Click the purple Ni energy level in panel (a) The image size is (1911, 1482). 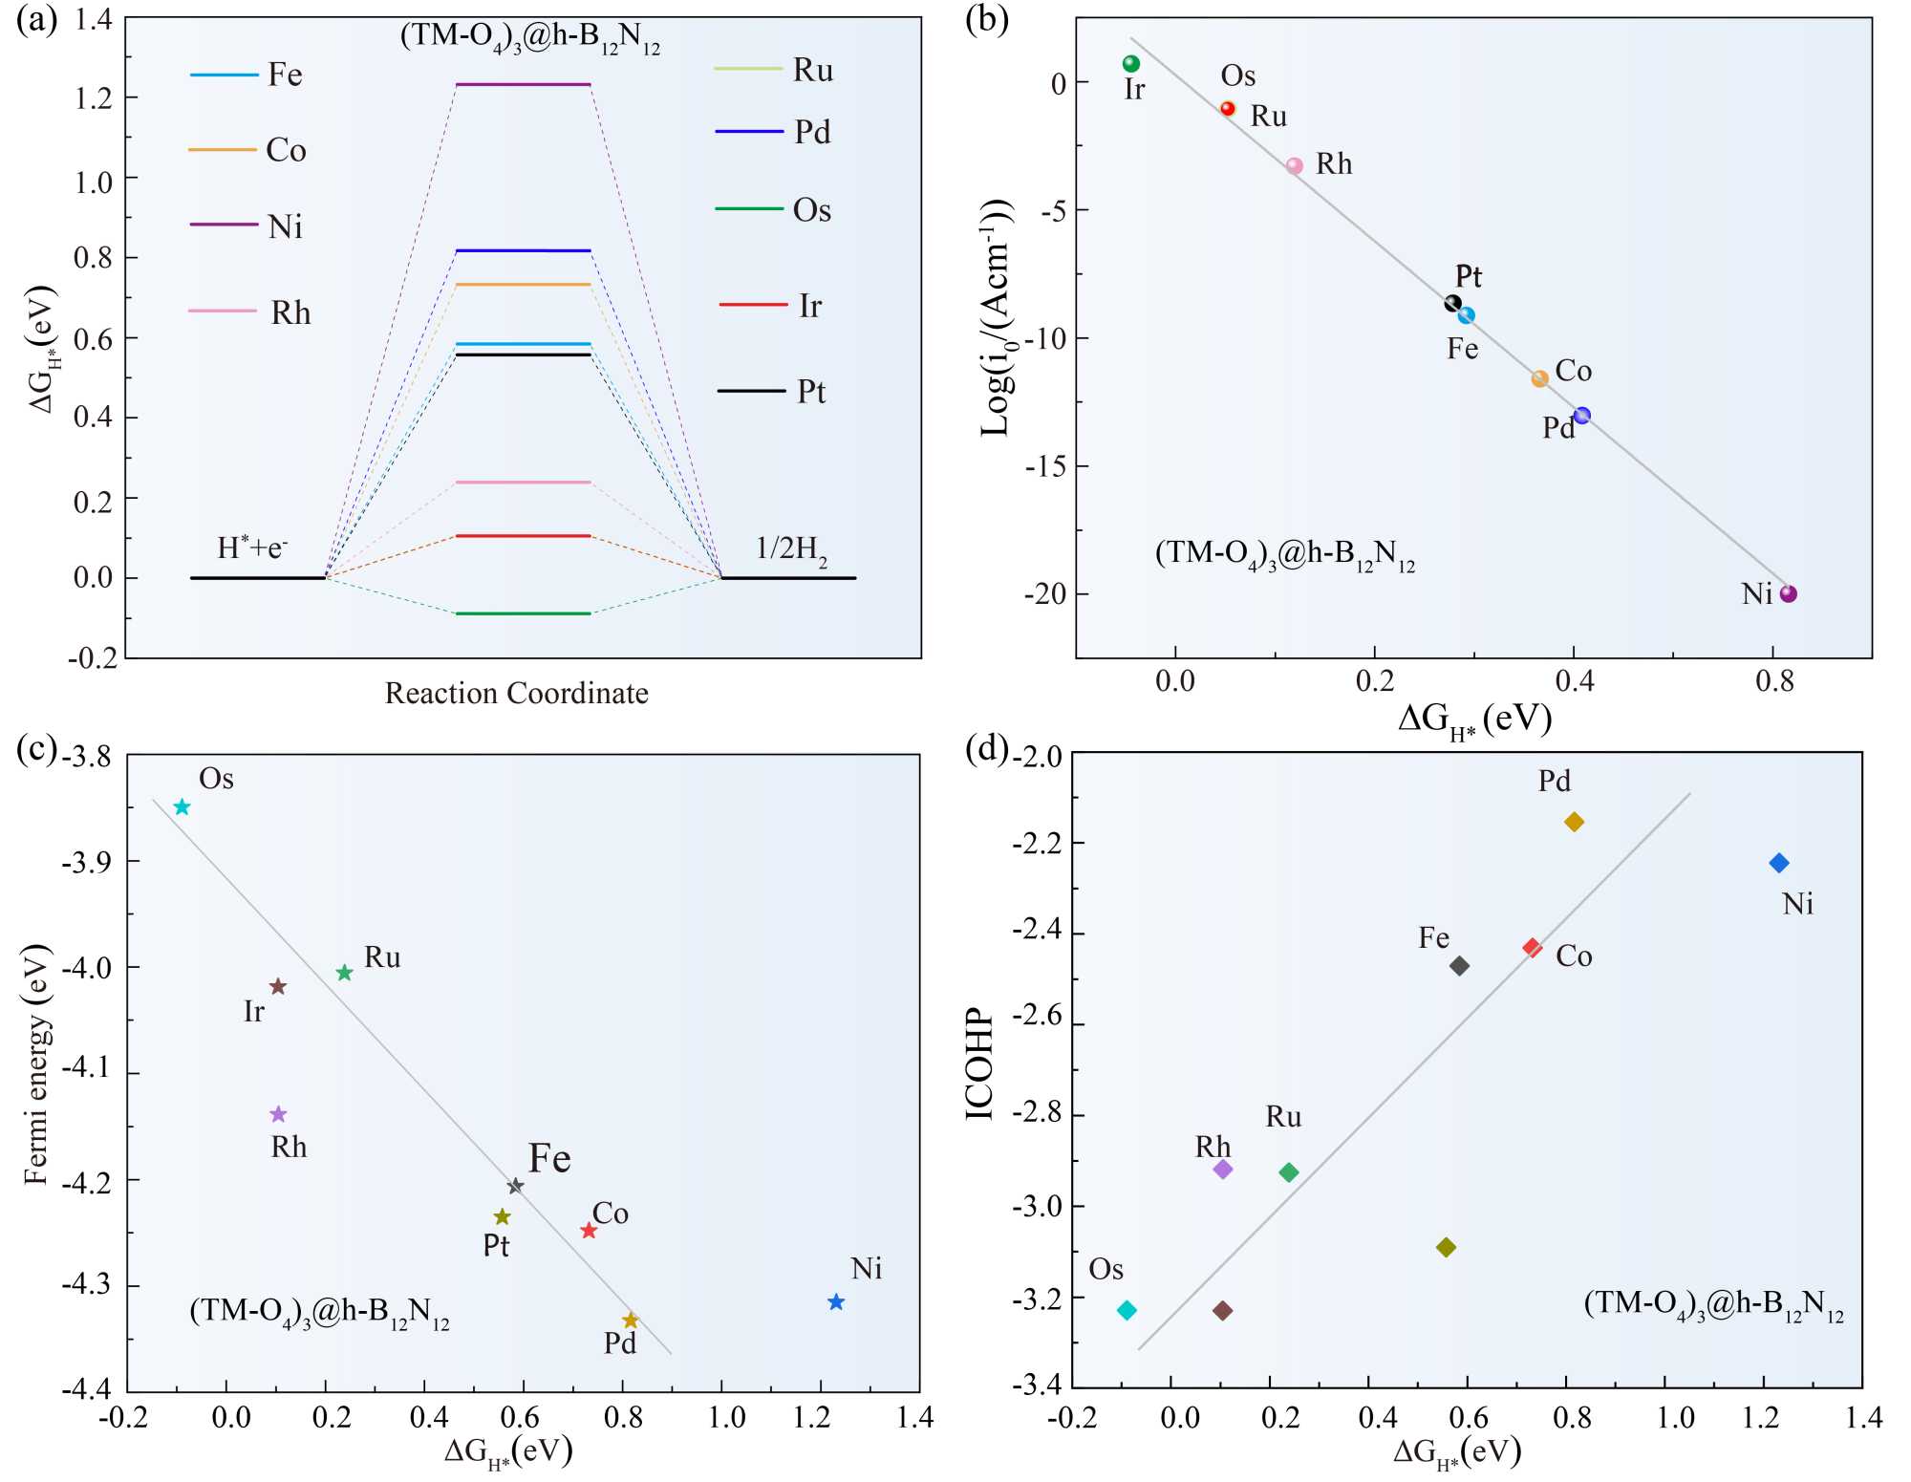click(x=523, y=85)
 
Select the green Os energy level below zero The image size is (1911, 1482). click(x=523, y=613)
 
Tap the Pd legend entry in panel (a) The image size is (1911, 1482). click(x=773, y=132)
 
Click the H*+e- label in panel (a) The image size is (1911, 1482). click(x=252, y=548)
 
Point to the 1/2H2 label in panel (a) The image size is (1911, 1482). click(x=791, y=549)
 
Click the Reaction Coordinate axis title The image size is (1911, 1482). click(x=516, y=693)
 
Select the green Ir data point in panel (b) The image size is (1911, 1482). click(x=1131, y=64)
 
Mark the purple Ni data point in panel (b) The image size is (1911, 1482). click(x=1789, y=593)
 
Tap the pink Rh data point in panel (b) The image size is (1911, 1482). click(x=1295, y=165)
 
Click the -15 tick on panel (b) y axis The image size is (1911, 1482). click(x=1045, y=466)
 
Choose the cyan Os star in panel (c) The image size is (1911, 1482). click(x=183, y=807)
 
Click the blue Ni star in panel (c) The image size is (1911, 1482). click(x=836, y=1301)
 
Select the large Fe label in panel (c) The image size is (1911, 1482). click(x=549, y=1158)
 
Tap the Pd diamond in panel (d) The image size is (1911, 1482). click(x=1575, y=822)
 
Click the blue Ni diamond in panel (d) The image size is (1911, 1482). click(x=1779, y=863)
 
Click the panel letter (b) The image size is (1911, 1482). click(x=987, y=19)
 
